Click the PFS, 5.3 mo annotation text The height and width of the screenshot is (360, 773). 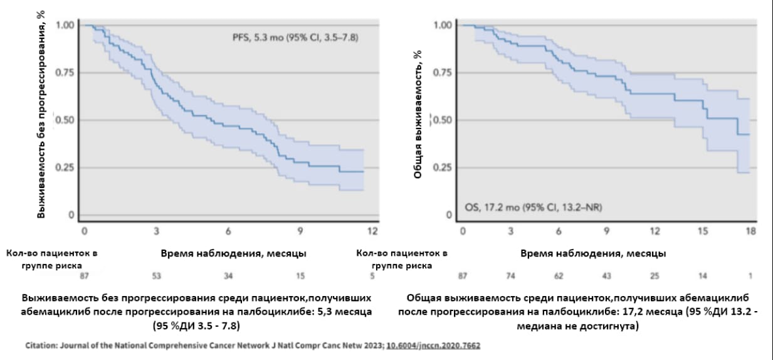(295, 38)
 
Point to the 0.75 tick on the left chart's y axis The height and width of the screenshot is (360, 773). (65, 73)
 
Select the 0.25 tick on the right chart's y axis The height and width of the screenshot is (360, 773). (443, 167)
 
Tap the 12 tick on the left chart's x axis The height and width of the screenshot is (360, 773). (372, 231)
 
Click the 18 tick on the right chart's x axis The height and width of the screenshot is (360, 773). (750, 231)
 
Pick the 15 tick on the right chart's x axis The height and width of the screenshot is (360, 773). (703, 231)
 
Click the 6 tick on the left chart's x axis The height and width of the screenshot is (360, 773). (228, 231)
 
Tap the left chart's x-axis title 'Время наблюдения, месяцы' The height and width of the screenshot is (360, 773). (233, 253)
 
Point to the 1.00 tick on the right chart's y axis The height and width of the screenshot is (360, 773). (443, 25)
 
